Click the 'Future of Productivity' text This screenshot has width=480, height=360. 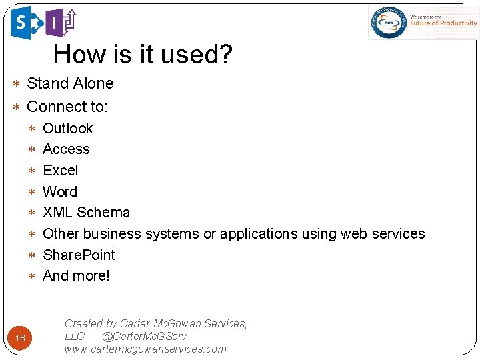pyautogui.click(x=443, y=23)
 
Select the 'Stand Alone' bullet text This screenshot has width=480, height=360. pyautogui.click(x=70, y=83)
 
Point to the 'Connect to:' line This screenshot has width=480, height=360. pyautogui.click(x=67, y=107)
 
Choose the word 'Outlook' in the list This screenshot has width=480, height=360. pyautogui.click(x=67, y=128)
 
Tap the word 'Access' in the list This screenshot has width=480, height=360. pyautogui.click(x=66, y=149)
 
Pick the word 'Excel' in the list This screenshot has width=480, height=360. pyautogui.click(x=61, y=171)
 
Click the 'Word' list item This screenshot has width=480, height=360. pyautogui.click(x=60, y=192)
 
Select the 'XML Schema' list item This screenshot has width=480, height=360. pyautogui.click(x=87, y=213)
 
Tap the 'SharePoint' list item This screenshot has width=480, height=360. pyautogui.click(x=79, y=255)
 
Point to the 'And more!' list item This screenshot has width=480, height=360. pyautogui.click(x=76, y=276)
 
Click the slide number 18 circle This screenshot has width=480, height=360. pyautogui.click(x=21, y=338)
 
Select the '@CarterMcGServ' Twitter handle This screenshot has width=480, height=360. pyautogui.click(x=144, y=337)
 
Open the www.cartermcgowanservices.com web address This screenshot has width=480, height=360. pyautogui.click(x=145, y=349)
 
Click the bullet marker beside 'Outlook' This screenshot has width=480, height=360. pyautogui.click(x=33, y=129)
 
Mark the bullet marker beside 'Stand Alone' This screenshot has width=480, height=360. pyautogui.click(x=17, y=84)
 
